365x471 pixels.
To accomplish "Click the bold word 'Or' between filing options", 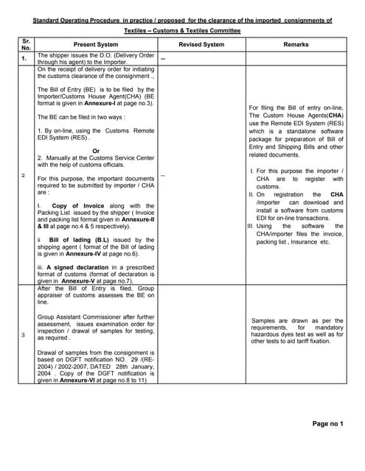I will (96, 150).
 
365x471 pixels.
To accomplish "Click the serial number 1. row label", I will (24, 58).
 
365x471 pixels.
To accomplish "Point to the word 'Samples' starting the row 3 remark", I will (265, 321).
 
